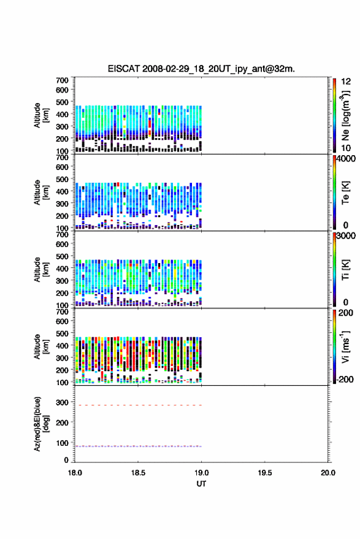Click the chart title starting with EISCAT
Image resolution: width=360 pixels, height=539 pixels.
point(201,69)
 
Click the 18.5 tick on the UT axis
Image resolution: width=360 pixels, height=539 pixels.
point(138,473)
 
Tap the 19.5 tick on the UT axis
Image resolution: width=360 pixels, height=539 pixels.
point(265,473)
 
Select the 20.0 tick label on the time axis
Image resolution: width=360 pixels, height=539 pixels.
point(328,473)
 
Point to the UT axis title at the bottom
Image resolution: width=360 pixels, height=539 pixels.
point(201,484)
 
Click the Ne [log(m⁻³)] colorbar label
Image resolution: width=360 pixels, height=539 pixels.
point(345,115)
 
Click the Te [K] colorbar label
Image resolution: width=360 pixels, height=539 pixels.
point(345,193)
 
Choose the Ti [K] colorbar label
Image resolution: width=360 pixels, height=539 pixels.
point(345,270)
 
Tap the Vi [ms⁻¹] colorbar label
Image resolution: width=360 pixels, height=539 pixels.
point(345,346)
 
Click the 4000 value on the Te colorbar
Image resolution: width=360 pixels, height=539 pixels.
point(346,159)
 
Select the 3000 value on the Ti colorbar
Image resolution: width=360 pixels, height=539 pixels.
point(346,236)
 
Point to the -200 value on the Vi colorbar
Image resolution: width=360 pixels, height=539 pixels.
point(344,379)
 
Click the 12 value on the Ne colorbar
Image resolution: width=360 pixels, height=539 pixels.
point(346,82)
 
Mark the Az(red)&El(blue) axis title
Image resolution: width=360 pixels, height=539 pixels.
point(41,424)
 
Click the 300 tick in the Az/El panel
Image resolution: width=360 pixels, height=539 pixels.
point(62,402)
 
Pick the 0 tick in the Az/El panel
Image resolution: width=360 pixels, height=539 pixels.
point(66,460)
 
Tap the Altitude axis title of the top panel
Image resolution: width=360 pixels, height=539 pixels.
point(41,115)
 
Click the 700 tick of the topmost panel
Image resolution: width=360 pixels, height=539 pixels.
point(62,80)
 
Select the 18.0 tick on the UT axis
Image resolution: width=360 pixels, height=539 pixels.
point(75,473)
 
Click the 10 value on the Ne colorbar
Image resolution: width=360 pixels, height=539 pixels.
point(346,148)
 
